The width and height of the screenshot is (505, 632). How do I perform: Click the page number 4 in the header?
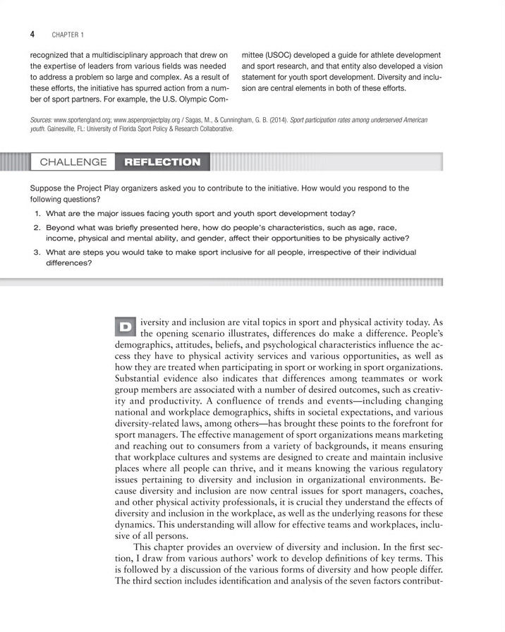pyautogui.click(x=32, y=34)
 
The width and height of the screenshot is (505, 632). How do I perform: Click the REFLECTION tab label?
pyautogui.click(x=162, y=162)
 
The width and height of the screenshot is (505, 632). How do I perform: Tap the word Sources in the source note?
pyautogui.click(x=42, y=121)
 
